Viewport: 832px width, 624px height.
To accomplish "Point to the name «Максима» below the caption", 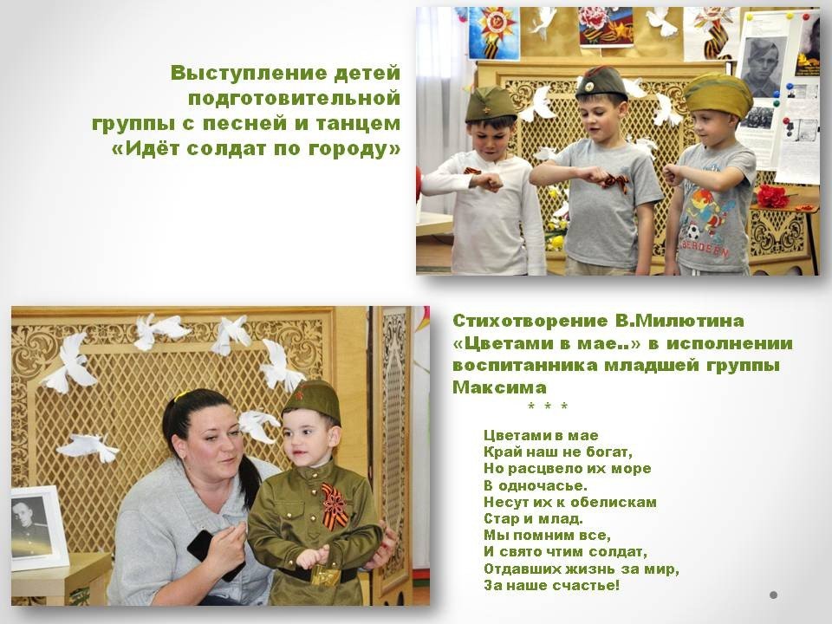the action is click(499, 387).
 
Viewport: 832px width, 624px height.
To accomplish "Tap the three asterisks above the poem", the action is click(548, 407).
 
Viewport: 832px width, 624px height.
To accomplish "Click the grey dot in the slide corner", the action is click(774, 595).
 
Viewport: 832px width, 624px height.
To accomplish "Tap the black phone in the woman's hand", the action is click(210, 552).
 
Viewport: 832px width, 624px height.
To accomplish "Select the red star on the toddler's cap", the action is click(298, 394).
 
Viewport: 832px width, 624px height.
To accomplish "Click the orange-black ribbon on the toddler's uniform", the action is click(335, 504).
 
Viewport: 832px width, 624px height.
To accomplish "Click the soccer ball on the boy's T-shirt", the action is click(693, 231).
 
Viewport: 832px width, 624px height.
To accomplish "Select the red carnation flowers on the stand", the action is click(772, 196).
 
